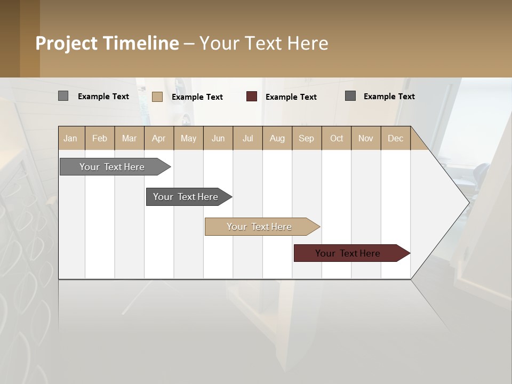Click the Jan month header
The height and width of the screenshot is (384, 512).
click(71, 138)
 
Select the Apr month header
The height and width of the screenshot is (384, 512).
click(159, 138)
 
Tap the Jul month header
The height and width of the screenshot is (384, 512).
click(247, 138)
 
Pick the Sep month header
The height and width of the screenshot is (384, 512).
click(307, 138)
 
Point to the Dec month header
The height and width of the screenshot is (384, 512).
click(395, 138)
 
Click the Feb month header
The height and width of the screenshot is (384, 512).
click(100, 138)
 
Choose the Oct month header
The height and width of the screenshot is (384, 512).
click(337, 138)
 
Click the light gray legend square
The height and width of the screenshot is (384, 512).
click(63, 96)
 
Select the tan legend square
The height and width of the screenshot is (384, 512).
click(157, 97)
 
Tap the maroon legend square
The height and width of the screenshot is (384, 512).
click(252, 97)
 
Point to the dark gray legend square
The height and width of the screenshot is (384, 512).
click(350, 96)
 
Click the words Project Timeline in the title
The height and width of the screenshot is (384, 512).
click(107, 43)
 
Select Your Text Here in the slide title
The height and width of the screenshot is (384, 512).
click(264, 43)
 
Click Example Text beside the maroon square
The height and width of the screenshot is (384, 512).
click(291, 97)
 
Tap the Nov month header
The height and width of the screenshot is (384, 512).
click(366, 138)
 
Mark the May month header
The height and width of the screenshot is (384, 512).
click(188, 138)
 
